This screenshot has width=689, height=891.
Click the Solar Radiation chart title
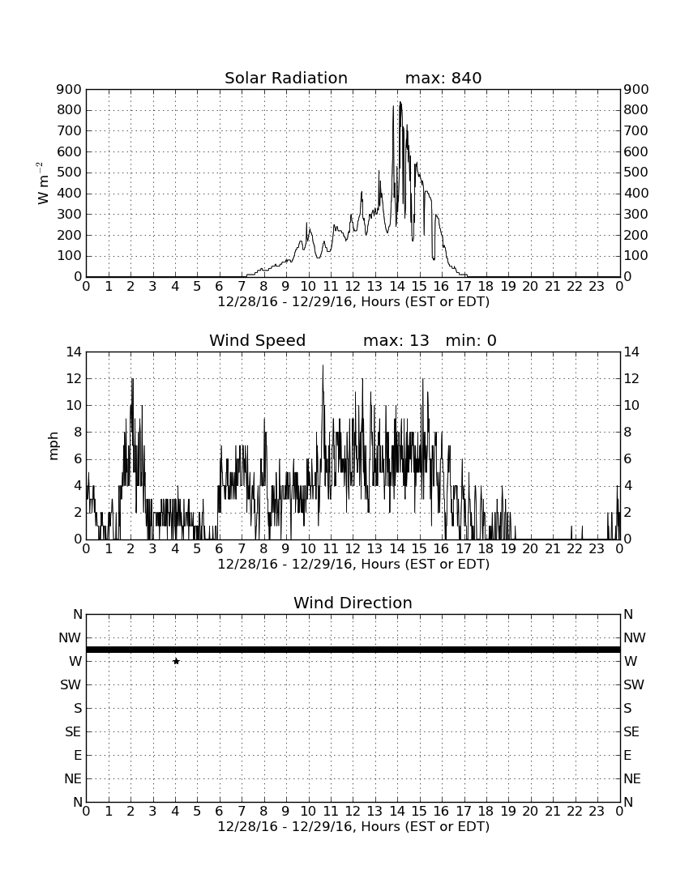tap(286, 78)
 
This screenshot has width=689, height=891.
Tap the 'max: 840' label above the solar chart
tap(443, 78)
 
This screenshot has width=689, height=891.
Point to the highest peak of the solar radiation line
tap(400, 102)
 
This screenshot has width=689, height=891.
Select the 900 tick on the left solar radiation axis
tap(70, 89)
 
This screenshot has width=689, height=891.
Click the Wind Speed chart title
tap(258, 340)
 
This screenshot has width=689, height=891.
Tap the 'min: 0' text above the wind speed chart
tap(471, 340)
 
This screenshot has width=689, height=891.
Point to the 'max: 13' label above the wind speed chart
tap(396, 340)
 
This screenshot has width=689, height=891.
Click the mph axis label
tap(54, 446)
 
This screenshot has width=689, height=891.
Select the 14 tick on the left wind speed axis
tap(74, 352)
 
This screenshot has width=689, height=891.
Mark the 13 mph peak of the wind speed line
tap(323, 365)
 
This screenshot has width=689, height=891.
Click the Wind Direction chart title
tap(353, 603)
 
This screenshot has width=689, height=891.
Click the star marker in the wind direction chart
tap(176, 661)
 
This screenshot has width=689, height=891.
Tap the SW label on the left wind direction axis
tap(71, 684)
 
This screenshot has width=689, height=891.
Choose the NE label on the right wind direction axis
tap(632, 778)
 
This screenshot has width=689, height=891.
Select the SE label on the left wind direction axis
tap(73, 732)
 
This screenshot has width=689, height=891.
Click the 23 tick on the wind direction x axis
tap(597, 811)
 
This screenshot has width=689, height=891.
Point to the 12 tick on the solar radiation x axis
tap(353, 286)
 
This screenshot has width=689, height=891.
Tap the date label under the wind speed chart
tap(353, 565)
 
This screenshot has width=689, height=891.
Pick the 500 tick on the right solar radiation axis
tap(636, 173)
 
